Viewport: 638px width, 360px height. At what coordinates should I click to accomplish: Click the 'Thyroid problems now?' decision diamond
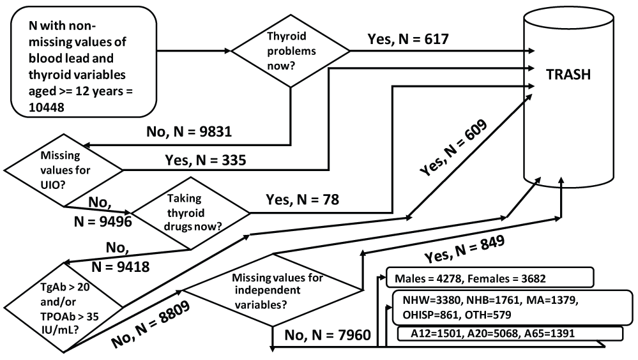coord(291,50)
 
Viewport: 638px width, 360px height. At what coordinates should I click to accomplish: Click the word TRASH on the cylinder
coord(568,75)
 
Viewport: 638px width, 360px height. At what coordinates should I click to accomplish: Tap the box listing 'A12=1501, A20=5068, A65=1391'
coord(510,334)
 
